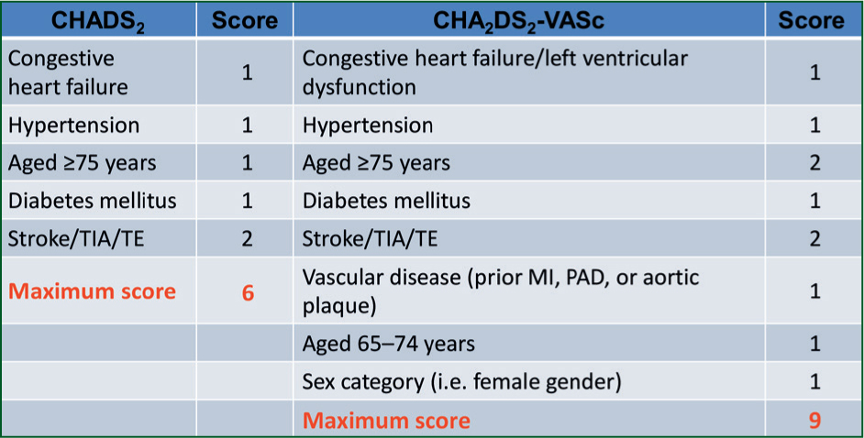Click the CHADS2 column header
click(x=98, y=21)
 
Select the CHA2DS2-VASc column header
click(x=518, y=21)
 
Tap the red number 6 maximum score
click(x=248, y=292)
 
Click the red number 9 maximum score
click(x=814, y=421)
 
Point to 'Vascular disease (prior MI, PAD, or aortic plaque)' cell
click(x=500, y=291)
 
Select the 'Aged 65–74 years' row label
click(x=389, y=344)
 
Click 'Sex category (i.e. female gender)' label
click(x=461, y=382)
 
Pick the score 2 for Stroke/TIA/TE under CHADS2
click(x=248, y=238)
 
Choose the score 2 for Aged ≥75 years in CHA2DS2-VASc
click(x=814, y=163)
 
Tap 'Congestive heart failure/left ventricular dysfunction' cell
click(x=494, y=72)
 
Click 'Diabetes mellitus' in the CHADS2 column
click(x=92, y=201)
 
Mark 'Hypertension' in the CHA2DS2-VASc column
click(x=368, y=126)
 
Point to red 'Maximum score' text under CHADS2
click(x=92, y=291)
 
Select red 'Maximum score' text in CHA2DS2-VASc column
click(x=386, y=421)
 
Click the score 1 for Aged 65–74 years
click(x=814, y=344)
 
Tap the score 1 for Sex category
click(x=814, y=382)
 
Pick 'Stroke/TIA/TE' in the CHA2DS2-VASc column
click(x=370, y=239)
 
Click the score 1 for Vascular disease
click(x=814, y=291)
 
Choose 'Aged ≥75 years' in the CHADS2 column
click(x=83, y=163)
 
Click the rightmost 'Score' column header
click(x=811, y=21)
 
